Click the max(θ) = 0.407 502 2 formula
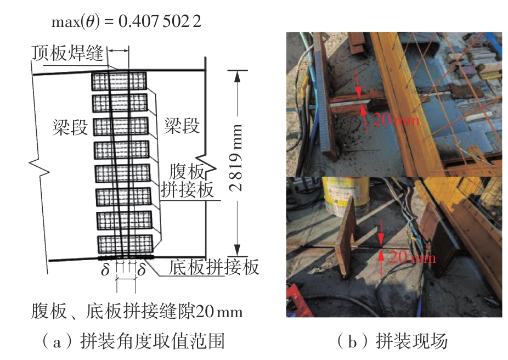(x=126, y=21)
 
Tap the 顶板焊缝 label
(x=67, y=53)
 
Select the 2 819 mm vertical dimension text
(x=235, y=157)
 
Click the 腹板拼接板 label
(x=187, y=181)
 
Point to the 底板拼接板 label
(x=213, y=267)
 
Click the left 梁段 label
(x=70, y=127)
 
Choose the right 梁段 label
(x=182, y=126)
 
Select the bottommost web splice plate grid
(x=125, y=244)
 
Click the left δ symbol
(x=105, y=269)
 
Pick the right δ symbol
(x=141, y=269)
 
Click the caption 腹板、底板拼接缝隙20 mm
(x=137, y=311)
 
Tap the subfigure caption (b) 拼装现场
(x=392, y=341)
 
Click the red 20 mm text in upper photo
(x=396, y=120)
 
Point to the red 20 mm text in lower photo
(x=412, y=257)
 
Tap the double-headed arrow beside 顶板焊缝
(x=118, y=50)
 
